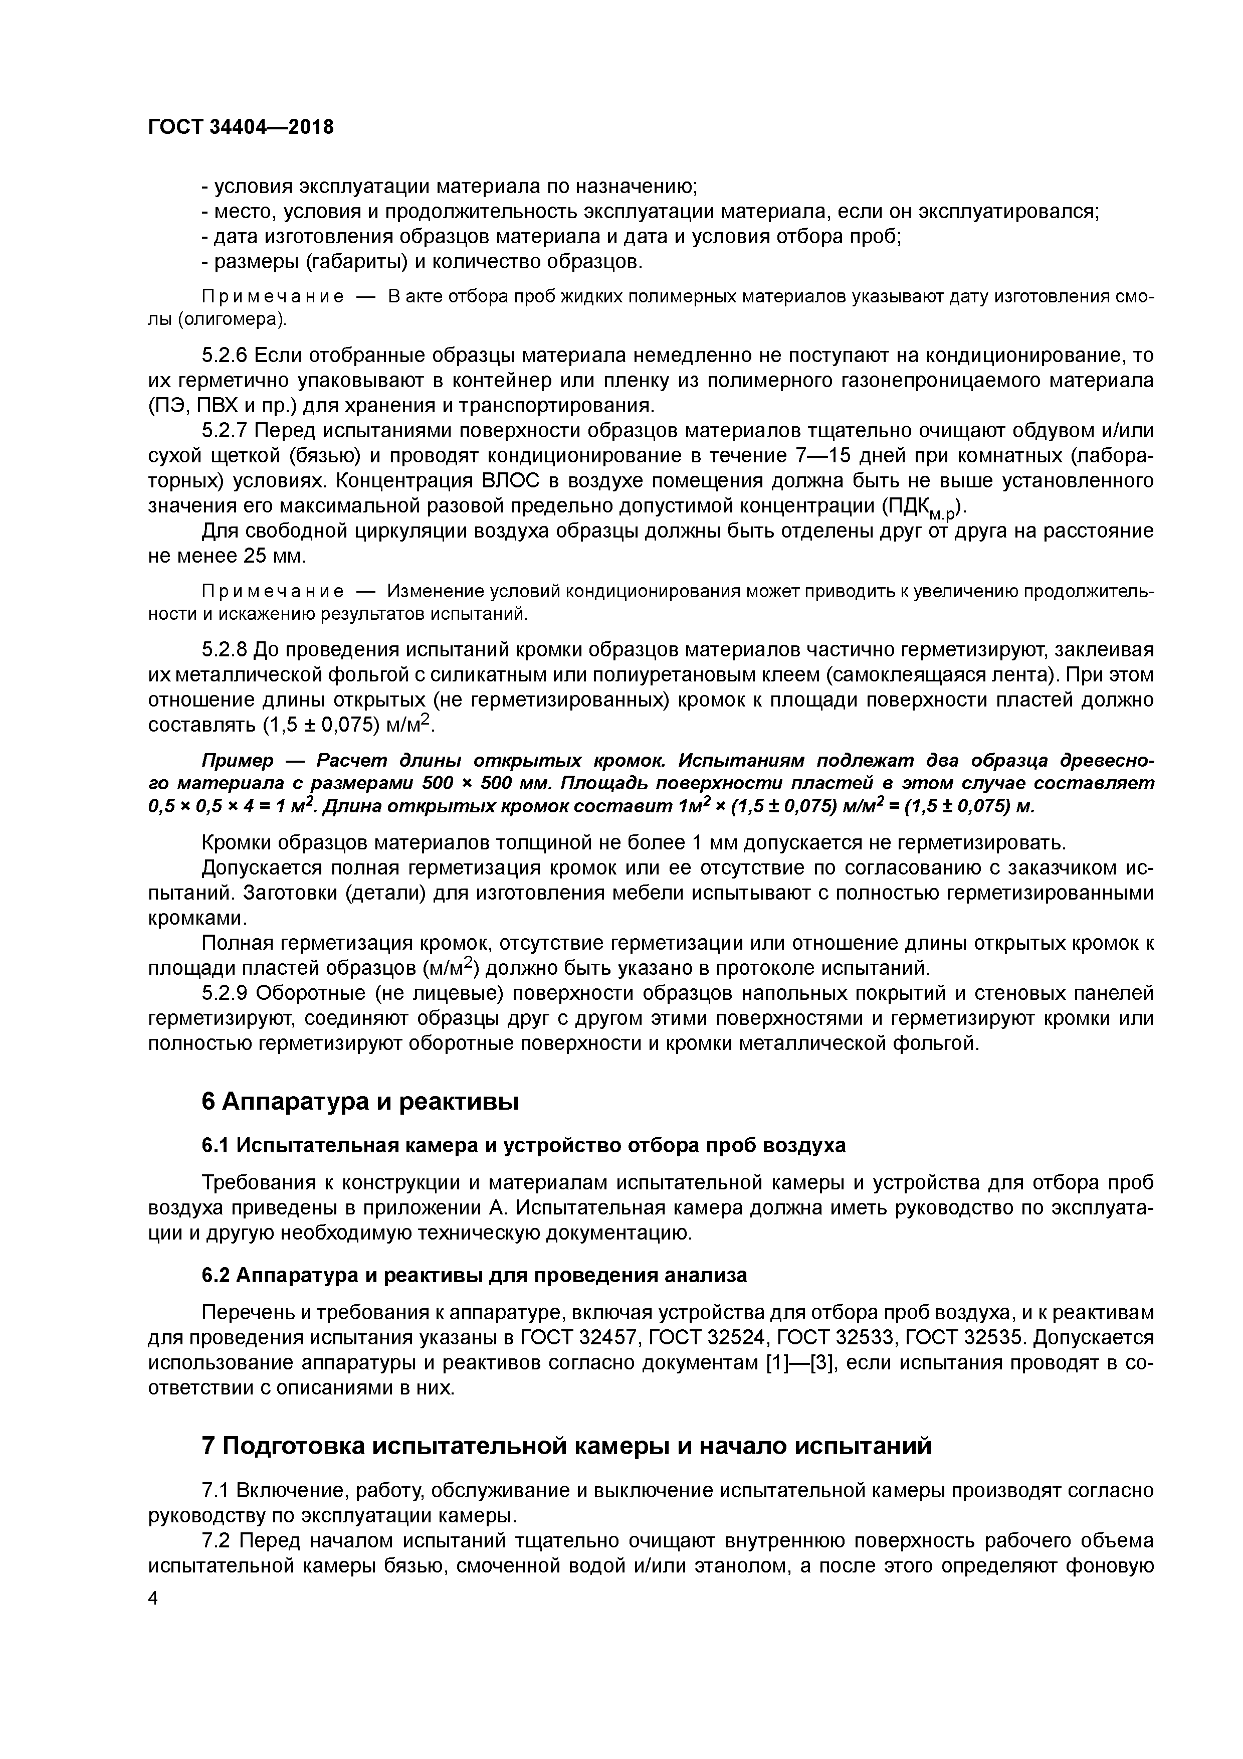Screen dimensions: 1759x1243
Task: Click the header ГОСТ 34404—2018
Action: coord(241,127)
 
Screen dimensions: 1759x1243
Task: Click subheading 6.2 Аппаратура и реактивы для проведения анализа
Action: coord(474,1276)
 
